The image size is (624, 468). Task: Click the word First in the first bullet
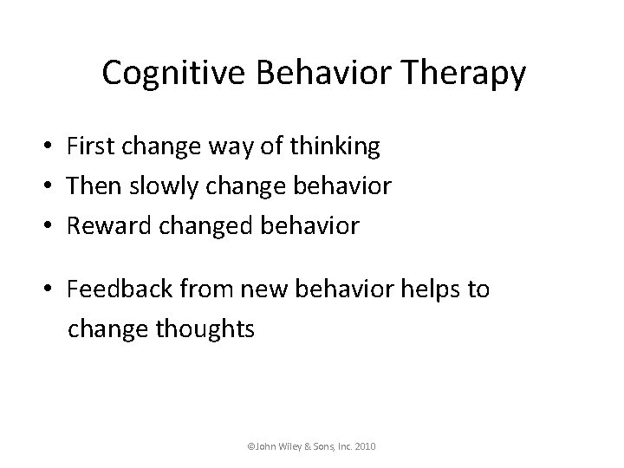pos(94,147)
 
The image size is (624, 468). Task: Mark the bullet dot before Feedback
pos(53,290)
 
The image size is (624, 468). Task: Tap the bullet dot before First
pos(53,148)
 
